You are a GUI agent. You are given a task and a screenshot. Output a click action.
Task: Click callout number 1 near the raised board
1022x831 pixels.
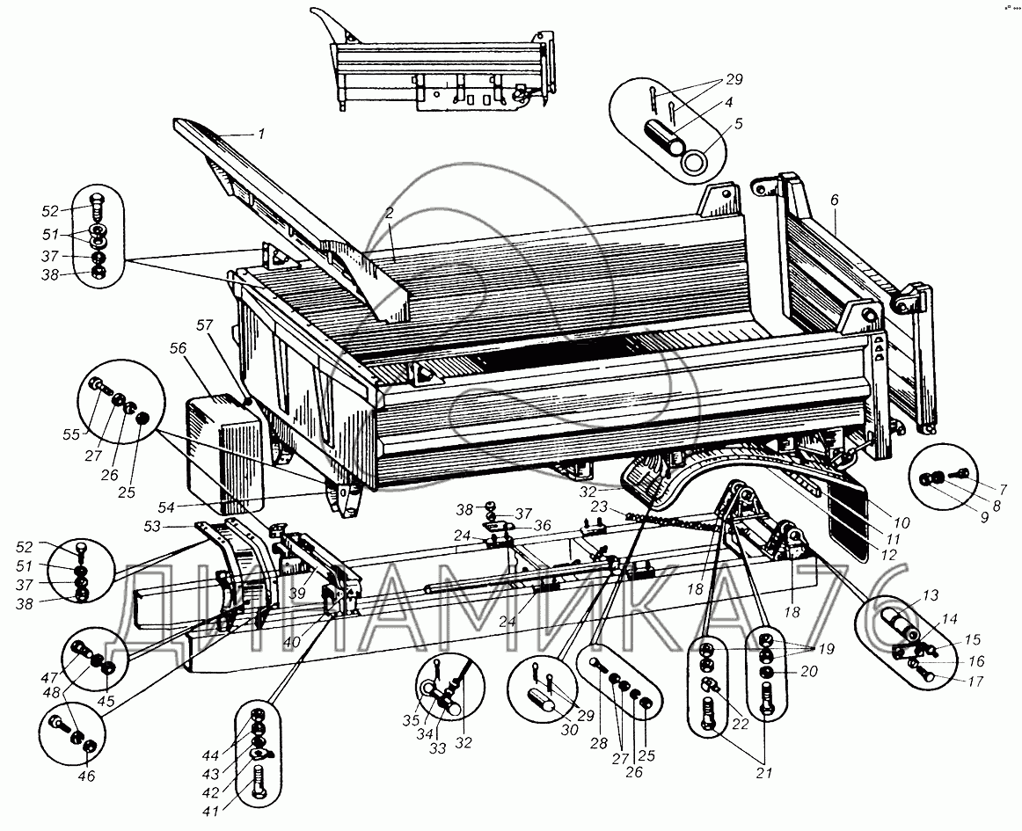tap(260, 135)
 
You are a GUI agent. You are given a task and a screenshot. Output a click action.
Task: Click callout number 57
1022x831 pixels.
tap(204, 324)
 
